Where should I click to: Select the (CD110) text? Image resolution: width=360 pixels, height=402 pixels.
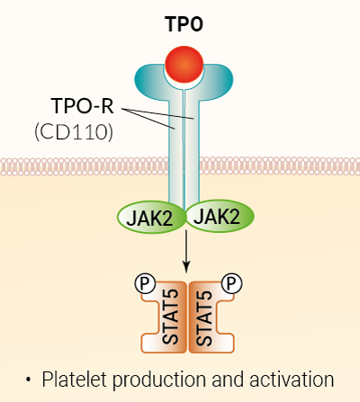coord(75,133)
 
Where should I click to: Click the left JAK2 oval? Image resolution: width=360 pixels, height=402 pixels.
coord(149,216)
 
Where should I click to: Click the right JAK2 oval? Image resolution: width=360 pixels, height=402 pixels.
coord(219,216)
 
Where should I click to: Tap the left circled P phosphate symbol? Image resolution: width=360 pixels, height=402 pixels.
coord(143,284)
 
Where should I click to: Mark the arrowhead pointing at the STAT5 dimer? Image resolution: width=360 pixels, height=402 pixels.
coord(186,267)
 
